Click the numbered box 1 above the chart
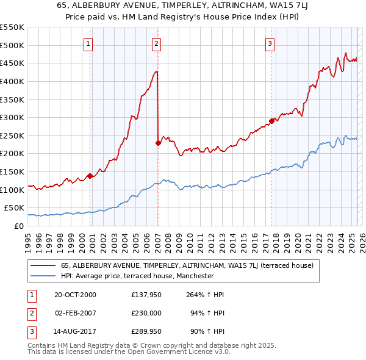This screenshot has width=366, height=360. [x=89, y=43]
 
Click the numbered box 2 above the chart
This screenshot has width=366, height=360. [x=157, y=43]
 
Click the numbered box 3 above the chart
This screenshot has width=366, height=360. [x=270, y=43]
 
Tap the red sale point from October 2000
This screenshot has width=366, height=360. [x=90, y=176]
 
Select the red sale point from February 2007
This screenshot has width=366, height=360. [x=158, y=143]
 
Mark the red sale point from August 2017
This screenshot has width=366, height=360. [x=271, y=121]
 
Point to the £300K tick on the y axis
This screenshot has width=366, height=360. [x=13, y=117]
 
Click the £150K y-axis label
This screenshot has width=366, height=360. [x=13, y=171]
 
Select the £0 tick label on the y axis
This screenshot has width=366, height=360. [x=19, y=226]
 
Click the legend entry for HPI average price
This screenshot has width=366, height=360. [x=137, y=276]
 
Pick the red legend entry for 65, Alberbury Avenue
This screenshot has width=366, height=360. [x=187, y=265]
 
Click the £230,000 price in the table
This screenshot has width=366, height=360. [x=146, y=313]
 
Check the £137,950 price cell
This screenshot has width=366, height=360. [x=146, y=295]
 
